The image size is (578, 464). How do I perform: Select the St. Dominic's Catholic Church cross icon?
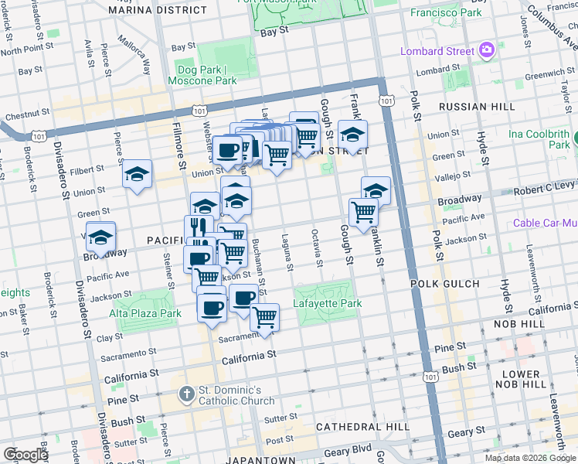coord(186,394)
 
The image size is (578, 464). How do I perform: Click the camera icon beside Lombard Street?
coord(487,51)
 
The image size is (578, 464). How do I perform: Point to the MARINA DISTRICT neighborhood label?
coord(158,10)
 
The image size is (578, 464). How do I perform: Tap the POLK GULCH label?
coord(440,284)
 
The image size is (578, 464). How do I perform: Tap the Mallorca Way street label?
coord(134,52)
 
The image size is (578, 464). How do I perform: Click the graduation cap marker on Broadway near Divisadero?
coord(100,237)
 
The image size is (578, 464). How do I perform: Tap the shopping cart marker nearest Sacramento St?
coord(264,317)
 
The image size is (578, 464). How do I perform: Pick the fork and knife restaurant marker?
coord(199,228)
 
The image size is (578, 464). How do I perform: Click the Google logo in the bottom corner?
coord(25,455)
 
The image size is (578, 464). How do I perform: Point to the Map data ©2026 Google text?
coord(530,458)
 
